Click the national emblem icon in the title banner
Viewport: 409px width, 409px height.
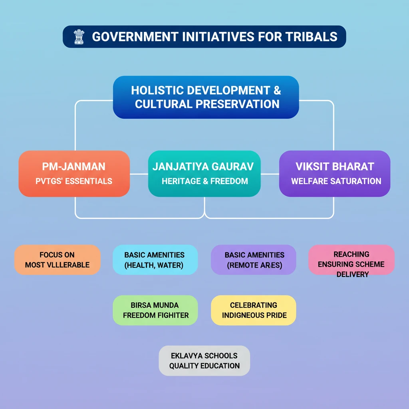(79, 37)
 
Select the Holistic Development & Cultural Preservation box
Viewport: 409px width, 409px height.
(206, 97)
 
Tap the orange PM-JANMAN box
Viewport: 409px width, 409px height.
(74, 173)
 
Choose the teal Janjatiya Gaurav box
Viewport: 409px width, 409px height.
(204, 173)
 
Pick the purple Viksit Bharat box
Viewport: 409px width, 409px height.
(335, 173)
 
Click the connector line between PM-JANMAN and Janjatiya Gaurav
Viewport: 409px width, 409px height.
(139, 174)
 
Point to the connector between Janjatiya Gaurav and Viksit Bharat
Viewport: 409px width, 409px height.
(270, 174)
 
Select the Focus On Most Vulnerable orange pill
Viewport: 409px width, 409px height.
(58, 260)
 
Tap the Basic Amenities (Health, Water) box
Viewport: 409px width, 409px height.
(155, 260)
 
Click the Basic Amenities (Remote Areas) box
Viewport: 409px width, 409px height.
(254, 260)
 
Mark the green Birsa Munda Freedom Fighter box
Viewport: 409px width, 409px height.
(155, 310)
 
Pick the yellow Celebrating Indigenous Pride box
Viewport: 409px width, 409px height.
(254, 310)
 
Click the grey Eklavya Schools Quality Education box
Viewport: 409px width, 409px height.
(204, 361)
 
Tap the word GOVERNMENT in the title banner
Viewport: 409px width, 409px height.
(135, 37)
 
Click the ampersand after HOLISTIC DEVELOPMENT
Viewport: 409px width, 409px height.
(277, 91)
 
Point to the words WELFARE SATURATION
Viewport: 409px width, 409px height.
(336, 181)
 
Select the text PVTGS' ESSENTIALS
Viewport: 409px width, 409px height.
(74, 181)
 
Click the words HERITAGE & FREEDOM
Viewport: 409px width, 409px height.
(205, 181)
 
